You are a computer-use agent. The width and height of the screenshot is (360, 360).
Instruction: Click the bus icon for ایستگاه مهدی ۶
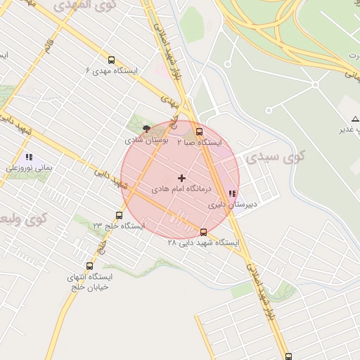[112, 60]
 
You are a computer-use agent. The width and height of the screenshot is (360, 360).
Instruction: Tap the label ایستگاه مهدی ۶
[112, 71]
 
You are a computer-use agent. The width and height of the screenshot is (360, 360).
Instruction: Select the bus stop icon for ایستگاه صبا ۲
[199, 131]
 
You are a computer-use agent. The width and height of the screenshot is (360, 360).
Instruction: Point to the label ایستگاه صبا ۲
[199, 142]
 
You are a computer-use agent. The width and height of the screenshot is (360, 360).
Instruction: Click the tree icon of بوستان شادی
[146, 129]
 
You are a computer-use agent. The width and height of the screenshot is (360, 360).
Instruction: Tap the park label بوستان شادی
[147, 140]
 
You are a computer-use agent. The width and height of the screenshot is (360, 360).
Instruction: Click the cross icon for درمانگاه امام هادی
[181, 178]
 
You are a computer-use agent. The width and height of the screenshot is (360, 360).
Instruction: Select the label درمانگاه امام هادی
[179, 190]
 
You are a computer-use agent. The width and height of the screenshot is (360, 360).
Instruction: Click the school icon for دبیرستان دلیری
[233, 193]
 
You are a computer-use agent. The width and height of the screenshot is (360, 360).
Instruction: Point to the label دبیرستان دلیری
[233, 205]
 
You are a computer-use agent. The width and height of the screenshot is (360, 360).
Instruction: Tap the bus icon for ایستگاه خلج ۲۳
[119, 215]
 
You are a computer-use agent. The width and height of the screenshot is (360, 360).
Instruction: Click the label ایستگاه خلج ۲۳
[119, 226]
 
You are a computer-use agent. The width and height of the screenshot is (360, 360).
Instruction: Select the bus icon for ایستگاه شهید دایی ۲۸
[203, 232]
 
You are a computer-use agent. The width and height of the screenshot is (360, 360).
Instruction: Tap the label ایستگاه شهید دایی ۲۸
[203, 243]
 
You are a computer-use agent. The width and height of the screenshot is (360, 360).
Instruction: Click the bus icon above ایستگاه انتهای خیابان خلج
[89, 266]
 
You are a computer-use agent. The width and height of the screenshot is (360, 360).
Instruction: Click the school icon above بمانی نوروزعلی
[29, 157]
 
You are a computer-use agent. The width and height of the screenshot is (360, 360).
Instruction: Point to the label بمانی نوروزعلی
[29, 168]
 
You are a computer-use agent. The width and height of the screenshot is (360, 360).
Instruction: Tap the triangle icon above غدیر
[355, 118]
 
